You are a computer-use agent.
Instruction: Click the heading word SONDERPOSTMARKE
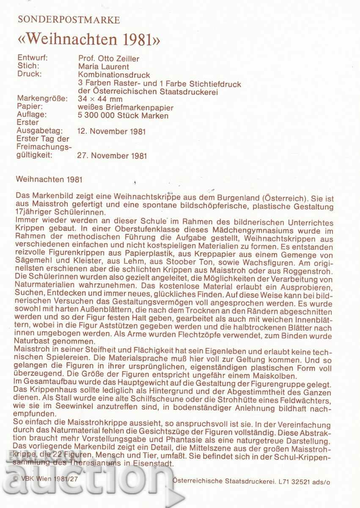(69, 20)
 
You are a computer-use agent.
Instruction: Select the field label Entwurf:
(33, 58)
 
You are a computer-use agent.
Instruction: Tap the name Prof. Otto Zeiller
(109, 58)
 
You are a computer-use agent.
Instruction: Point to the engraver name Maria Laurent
(104, 66)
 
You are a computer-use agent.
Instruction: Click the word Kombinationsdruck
(114, 75)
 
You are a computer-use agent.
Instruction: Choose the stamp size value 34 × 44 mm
(100, 99)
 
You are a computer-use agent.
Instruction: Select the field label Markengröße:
(42, 99)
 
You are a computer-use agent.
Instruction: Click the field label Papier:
(31, 107)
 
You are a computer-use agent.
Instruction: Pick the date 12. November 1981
(112, 131)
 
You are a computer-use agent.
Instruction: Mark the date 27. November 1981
(112, 156)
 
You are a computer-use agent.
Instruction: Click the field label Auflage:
(32, 115)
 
